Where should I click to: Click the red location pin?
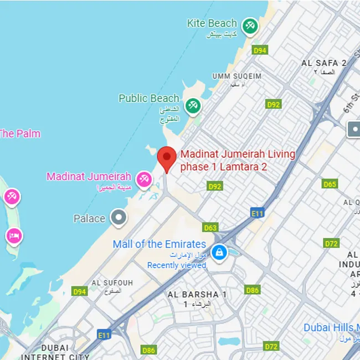click(167, 158)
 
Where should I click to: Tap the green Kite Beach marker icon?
click(250, 25)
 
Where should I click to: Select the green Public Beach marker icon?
click(192, 105)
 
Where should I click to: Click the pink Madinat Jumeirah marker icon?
click(144, 178)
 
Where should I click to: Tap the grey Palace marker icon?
click(118, 218)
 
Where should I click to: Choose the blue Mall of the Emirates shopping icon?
click(220, 253)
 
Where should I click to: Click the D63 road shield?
click(210, 228)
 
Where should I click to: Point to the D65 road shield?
click(330, 184)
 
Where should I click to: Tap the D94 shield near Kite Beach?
click(260, 50)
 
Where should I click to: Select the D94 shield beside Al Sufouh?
click(80, 291)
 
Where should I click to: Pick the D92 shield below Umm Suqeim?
click(274, 104)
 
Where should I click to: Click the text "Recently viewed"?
click(176, 265)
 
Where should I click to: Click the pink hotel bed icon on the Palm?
click(14, 236)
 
